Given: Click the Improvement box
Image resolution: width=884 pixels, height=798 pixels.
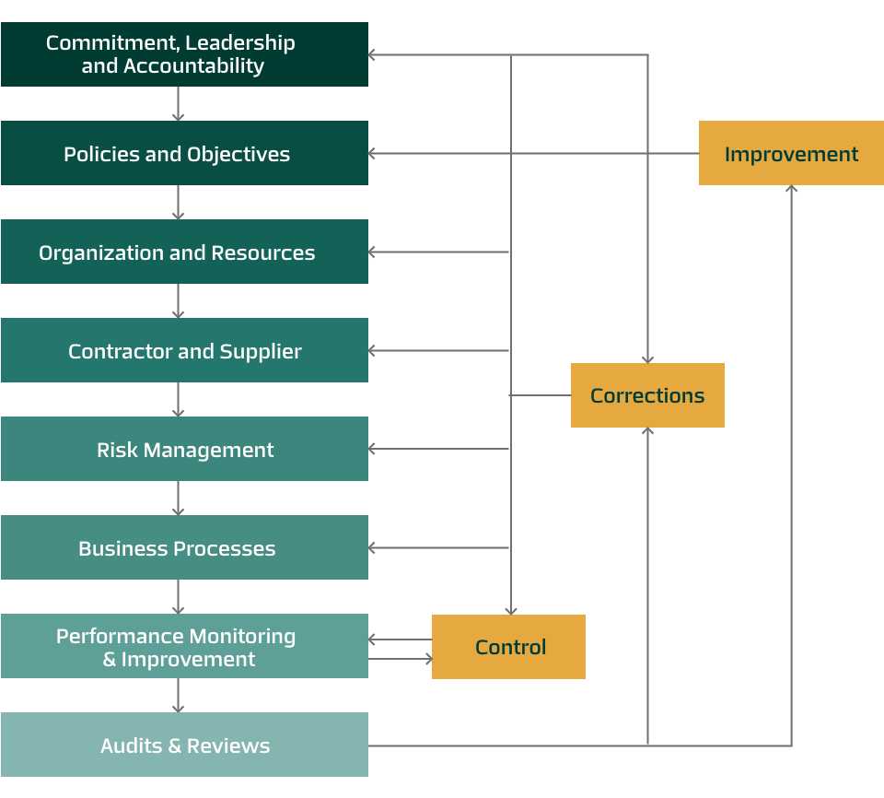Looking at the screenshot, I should (x=791, y=153).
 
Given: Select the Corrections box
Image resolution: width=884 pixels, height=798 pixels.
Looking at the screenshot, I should (x=647, y=395).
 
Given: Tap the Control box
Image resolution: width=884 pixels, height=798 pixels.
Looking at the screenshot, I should (x=508, y=647).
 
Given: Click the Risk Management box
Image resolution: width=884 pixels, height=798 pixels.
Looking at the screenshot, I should (x=184, y=449).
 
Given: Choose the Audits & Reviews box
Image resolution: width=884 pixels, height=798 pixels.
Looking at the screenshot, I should (x=184, y=745).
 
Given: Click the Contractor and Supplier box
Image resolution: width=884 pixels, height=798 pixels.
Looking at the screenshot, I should (x=184, y=350).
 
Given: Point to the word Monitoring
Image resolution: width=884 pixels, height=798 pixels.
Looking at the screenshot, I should (x=252, y=636).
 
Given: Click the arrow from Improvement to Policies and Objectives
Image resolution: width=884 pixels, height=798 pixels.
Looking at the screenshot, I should (x=534, y=153).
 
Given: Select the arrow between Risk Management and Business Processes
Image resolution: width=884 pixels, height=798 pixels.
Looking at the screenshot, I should (x=179, y=498).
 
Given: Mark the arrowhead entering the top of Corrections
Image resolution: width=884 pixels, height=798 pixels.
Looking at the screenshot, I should (x=647, y=358).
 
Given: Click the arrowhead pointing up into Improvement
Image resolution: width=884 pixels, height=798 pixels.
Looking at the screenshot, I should (x=791, y=190).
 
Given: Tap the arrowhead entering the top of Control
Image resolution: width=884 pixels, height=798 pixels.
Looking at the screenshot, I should (x=510, y=610).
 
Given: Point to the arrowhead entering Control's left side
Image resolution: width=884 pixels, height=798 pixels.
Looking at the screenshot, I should (x=426, y=659).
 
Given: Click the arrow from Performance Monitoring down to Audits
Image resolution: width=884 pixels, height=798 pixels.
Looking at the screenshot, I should (x=179, y=695).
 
